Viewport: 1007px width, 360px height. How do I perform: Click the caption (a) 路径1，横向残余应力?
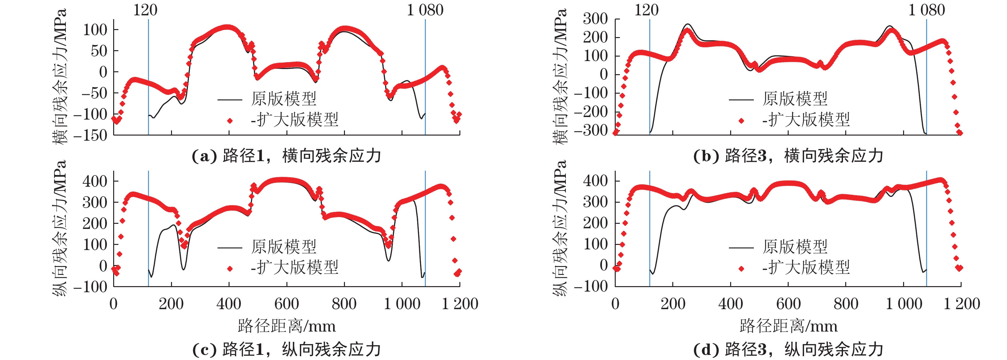click(x=286, y=156)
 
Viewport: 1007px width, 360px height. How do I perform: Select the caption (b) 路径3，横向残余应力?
click(x=788, y=156)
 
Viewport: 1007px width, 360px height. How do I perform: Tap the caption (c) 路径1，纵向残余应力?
click(x=286, y=349)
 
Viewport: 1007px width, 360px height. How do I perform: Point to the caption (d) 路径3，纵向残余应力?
click(x=788, y=349)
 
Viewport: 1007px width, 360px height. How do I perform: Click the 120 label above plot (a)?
click(x=145, y=10)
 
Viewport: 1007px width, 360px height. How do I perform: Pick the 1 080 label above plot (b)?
click(x=926, y=10)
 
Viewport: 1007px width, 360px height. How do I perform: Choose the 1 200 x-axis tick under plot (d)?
click(x=962, y=304)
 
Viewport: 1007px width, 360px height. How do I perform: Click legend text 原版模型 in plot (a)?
click(x=284, y=99)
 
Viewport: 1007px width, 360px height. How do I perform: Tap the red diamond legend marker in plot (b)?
click(x=741, y=121)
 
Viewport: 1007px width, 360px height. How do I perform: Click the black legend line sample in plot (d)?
click(x=741, y=247)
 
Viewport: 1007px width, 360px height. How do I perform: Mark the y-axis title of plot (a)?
click(x=59, y=76)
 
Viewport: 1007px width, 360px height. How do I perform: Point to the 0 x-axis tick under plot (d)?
click(x=615, y=304)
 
